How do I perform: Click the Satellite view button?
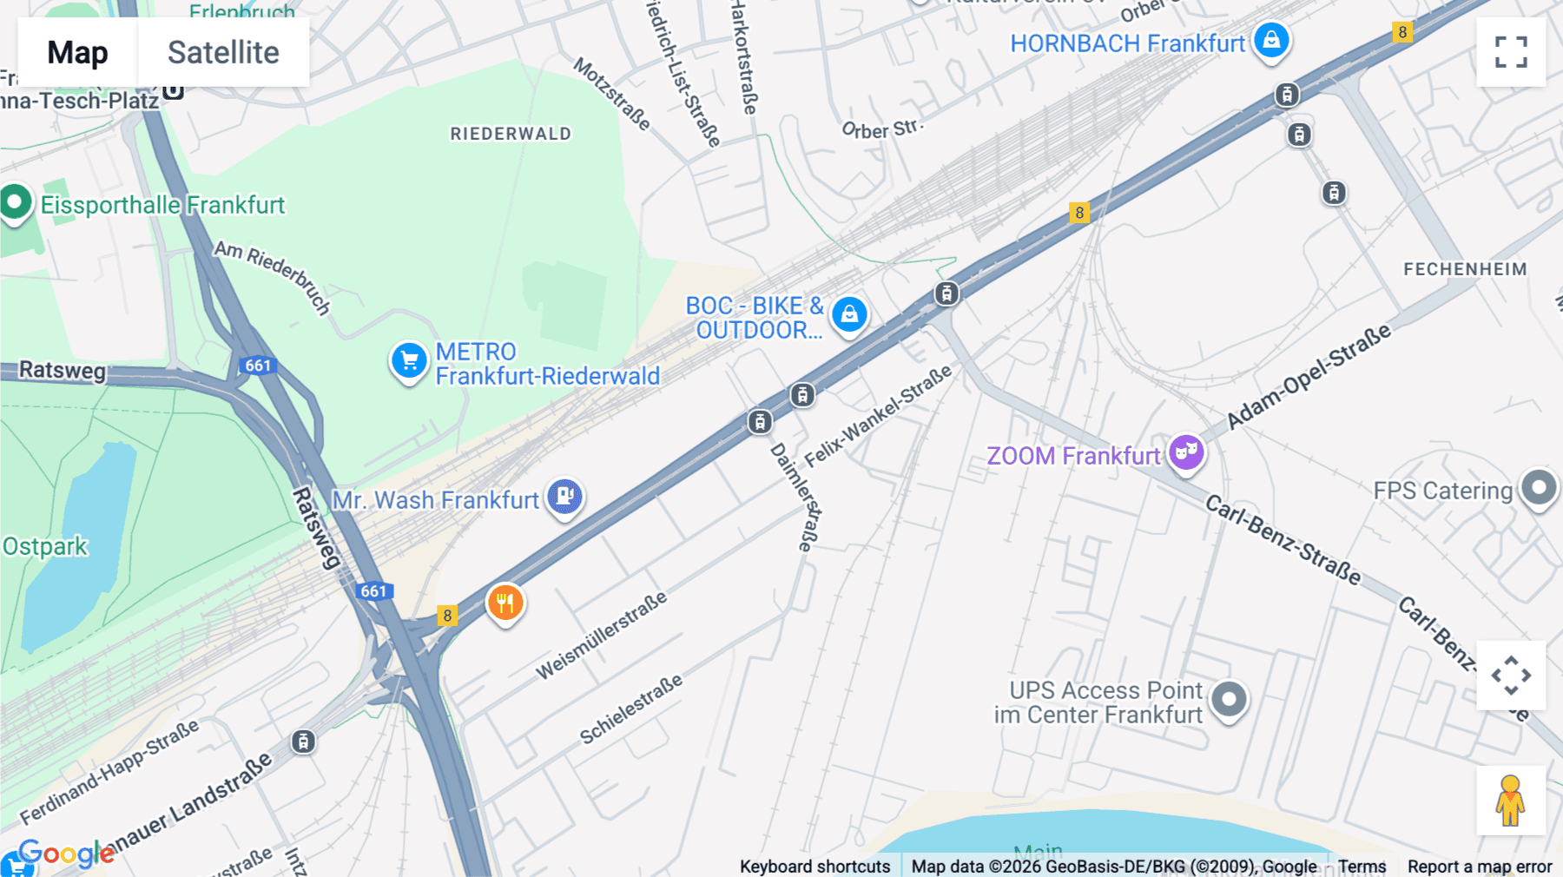(x=223, y=53)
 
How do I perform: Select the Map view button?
(x=77, y=53)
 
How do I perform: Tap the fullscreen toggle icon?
(x=1511, y=52)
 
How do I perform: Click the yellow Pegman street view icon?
(x=1510, y=801)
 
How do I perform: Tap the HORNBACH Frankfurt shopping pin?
(x=1271, y=41)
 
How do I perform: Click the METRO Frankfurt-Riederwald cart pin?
(x=409, y=360)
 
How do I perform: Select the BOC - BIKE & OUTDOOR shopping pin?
(x=849, y=313)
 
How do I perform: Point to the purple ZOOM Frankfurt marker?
(x=1186, y=452)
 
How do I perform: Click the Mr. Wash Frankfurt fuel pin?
(x=565, y=497)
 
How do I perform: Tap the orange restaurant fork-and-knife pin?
(x=505, y=602)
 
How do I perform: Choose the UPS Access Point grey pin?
(x=1229, y=699)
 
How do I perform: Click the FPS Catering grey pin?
(x=1540, y=488)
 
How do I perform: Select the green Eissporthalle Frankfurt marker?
(x=15, y=203)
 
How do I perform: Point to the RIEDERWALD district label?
(x=511, y=134)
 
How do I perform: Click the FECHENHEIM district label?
(x=1465, y=269)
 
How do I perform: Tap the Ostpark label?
(x=45, y=546)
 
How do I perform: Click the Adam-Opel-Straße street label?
(x=1308, y=377)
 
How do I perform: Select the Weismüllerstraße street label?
(x=601, y=636)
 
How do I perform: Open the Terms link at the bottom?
(x=1362, y=866)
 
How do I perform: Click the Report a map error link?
(x=1480, y=866)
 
